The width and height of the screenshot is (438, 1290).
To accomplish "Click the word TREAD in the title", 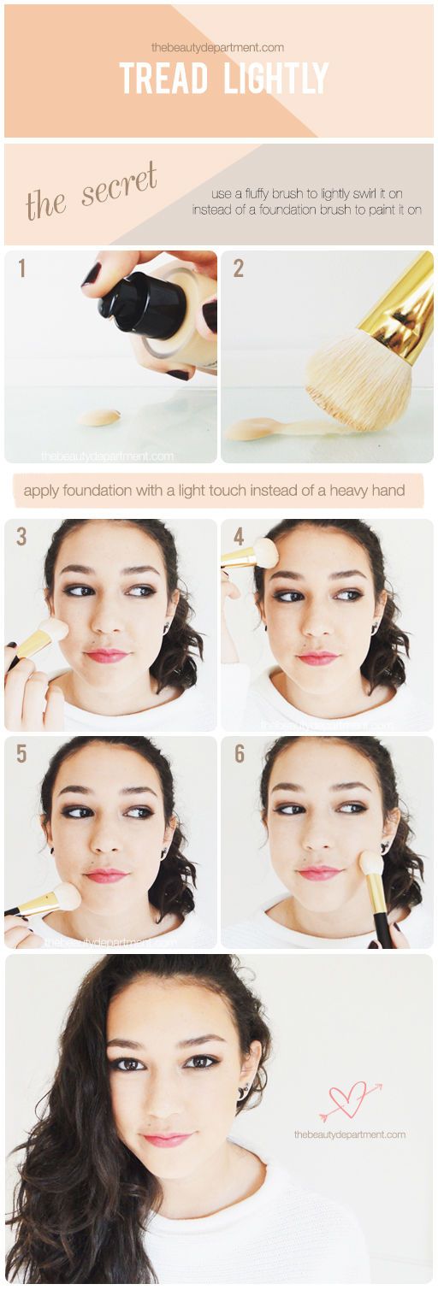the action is [x=163, y=79].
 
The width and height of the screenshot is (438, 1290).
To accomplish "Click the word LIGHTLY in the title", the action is [x=276, y=79].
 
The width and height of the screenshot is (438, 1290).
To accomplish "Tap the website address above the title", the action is [x=218, y=48].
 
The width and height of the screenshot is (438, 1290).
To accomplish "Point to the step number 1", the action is [x=22, y=268].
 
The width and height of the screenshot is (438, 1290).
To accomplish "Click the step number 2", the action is [x=239, y=268].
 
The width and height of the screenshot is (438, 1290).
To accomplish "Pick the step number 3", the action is [x=22, y=536].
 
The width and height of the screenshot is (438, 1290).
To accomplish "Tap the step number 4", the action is [x=239, y=536].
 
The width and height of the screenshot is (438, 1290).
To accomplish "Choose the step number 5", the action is [x=22, y=753].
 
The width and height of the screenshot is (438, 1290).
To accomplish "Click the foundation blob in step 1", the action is [x=100, y=417].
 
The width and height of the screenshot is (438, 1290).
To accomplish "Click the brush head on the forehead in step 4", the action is [x=266, y=552].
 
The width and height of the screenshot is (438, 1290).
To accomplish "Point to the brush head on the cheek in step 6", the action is [x=370, y=863].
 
